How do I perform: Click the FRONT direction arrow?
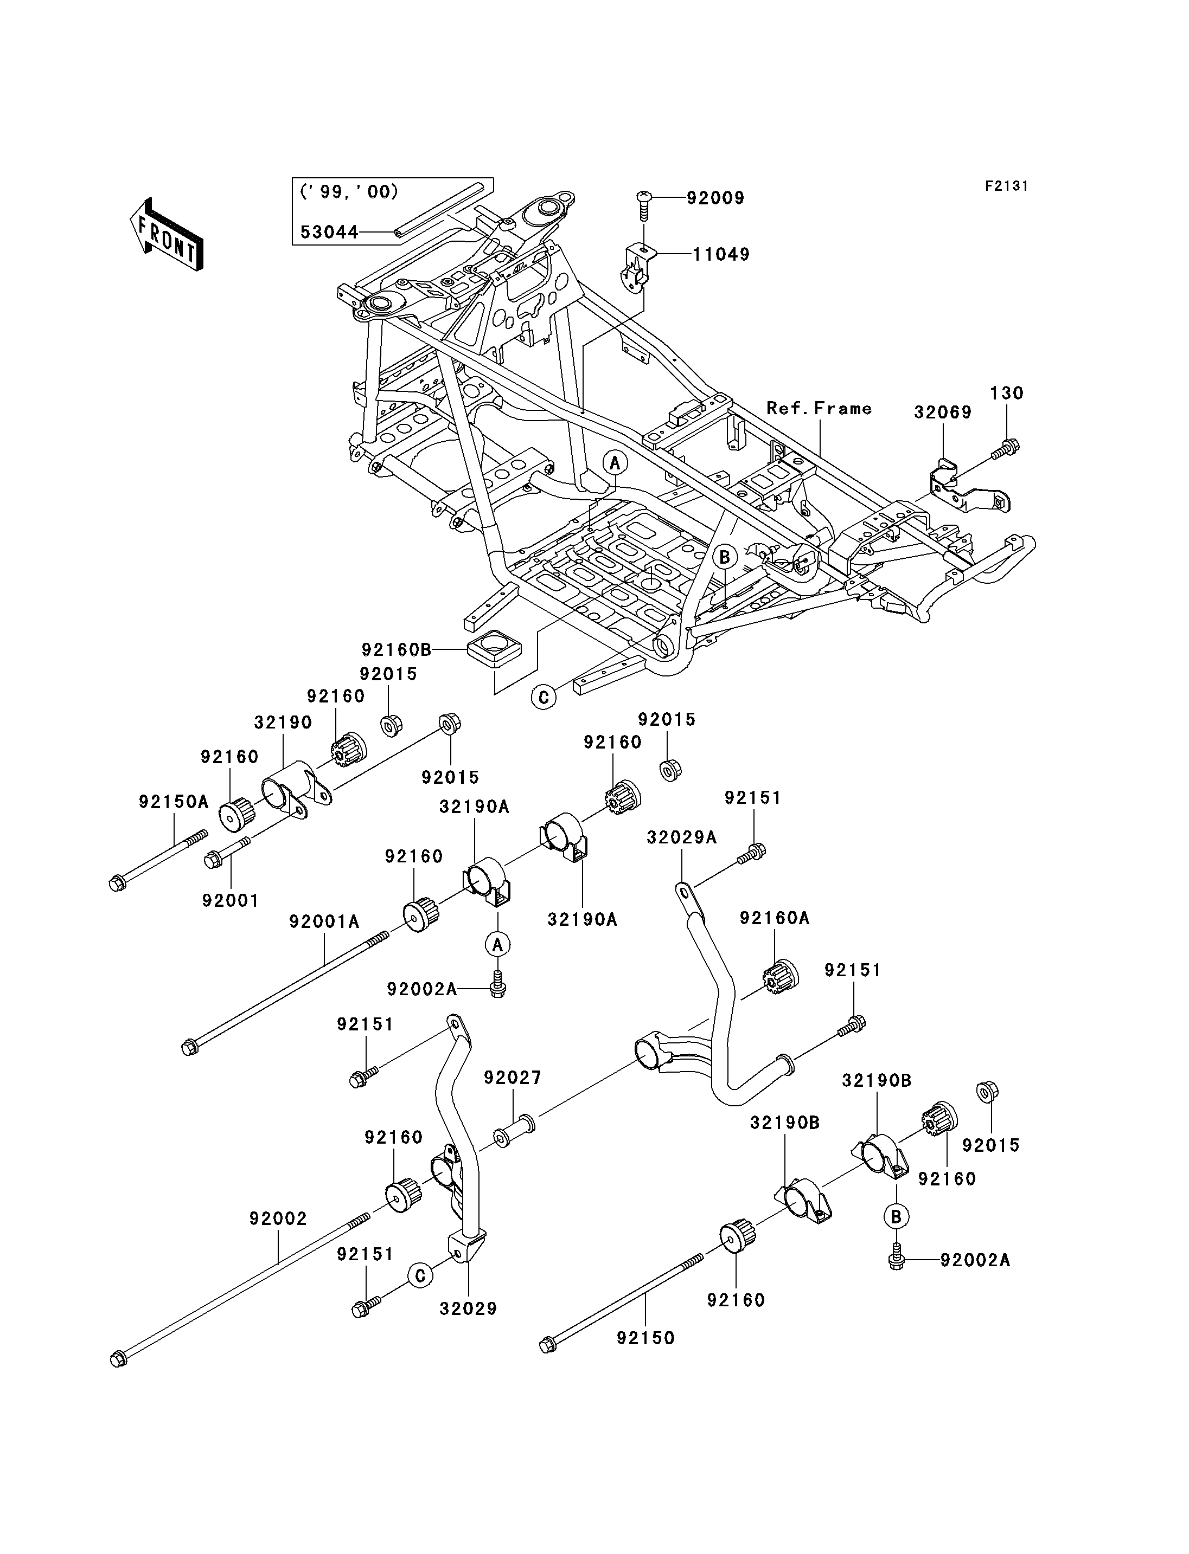point(167,234)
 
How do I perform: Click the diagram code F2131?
point(1006,186)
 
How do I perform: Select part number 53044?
point(330,232)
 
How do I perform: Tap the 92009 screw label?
point(715,198)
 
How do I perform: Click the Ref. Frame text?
point(820,408)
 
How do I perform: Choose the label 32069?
point(943,412)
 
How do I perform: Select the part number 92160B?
point(397,649)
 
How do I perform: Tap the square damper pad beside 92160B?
point(494,649)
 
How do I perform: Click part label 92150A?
point(174,802)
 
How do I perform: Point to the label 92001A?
point(324,923)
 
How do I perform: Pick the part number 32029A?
point(681,838)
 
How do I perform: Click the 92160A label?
point(775,918)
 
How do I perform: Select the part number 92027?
point(513,1078)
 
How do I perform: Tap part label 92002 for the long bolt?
point(278,1218)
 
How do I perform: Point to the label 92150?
point(645,1338)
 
